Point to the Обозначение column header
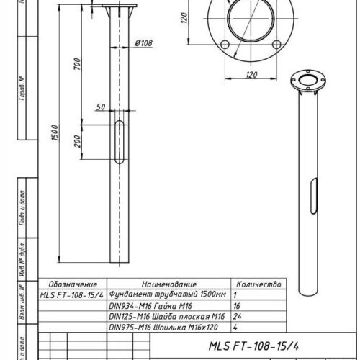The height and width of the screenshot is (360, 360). (70, 285)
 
